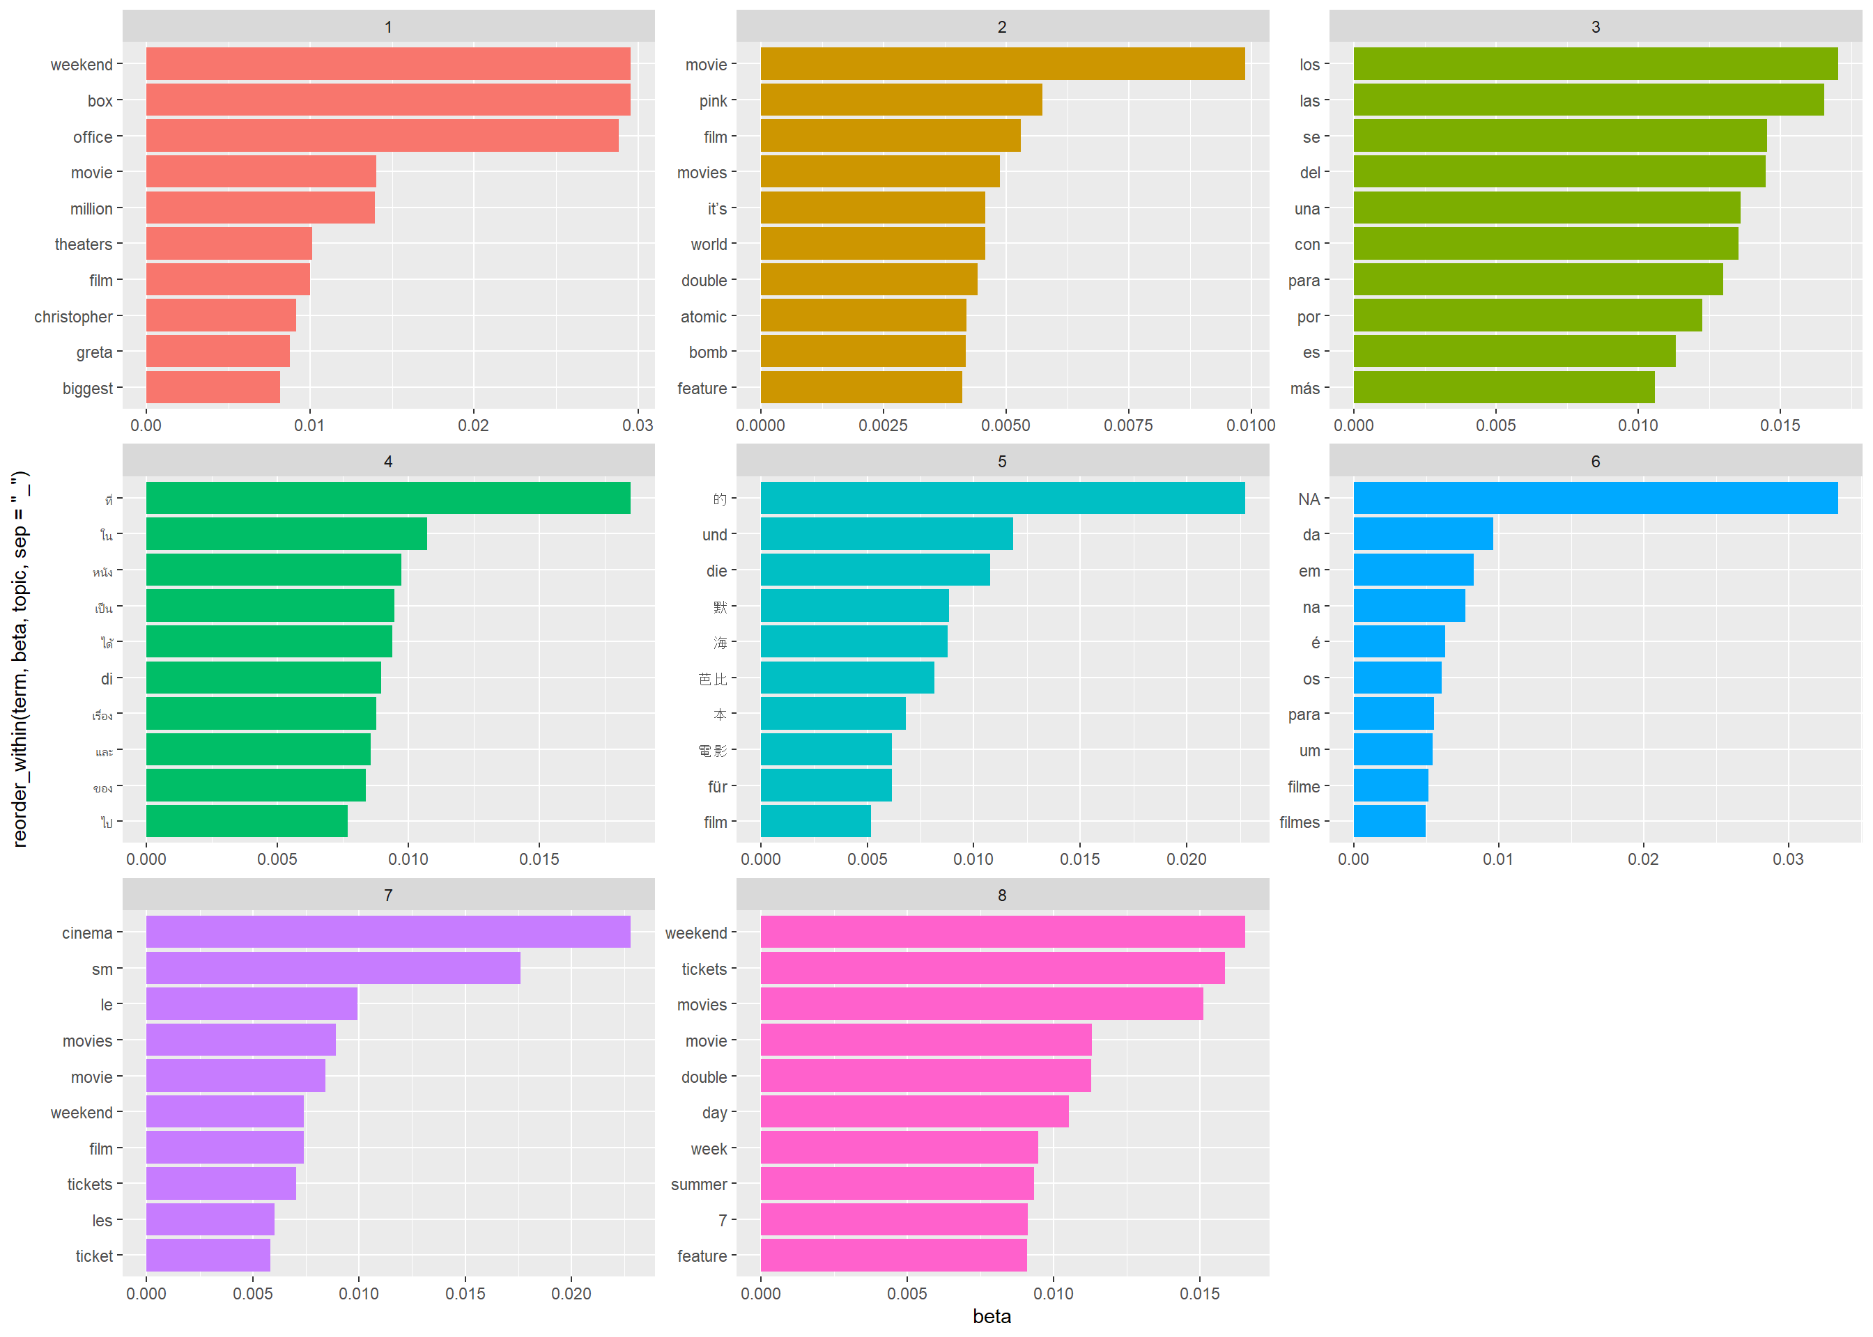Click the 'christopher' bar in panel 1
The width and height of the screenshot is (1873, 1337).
221,316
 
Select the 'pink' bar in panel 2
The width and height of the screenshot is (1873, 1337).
901,100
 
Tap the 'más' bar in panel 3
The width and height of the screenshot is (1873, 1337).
1503,388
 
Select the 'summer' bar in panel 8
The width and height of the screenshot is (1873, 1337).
896,1184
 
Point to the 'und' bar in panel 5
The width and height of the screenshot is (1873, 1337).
886,534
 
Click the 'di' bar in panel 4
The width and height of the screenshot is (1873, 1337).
263,678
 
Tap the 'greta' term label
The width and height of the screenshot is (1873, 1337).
94,352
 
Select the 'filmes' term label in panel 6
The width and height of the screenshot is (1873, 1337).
1299,822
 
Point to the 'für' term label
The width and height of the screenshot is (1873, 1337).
716,787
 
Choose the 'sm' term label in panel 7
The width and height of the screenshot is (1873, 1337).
102,969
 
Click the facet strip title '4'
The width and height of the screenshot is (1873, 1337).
388,462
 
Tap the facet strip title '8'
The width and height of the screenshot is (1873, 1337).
1001,896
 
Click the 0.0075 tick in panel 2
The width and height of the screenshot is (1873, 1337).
1127,425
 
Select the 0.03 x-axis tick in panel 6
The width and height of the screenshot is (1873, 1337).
1787,859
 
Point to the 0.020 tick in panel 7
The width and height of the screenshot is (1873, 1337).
571,1293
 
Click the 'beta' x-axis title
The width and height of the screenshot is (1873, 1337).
992,1316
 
